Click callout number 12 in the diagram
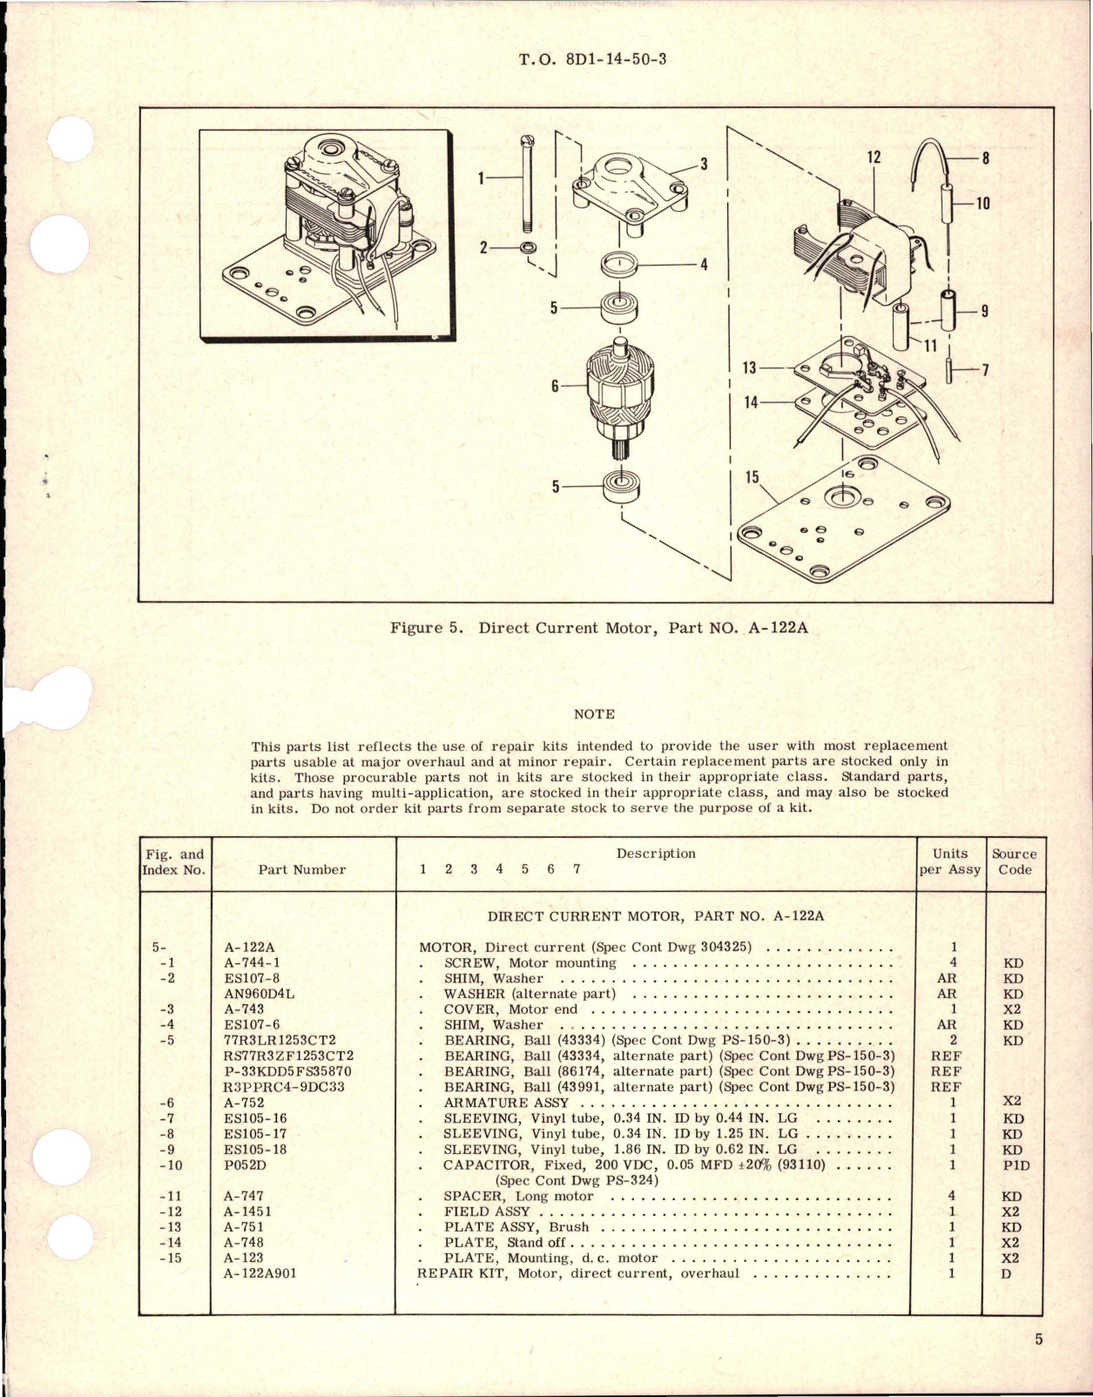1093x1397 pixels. [x=874, y=158]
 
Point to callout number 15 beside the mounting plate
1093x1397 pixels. [x=751, y=478]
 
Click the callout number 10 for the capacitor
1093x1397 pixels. [x=982, y=204]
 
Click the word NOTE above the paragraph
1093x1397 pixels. [x=594, y=714]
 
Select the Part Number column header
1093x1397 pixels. [x=302, y=869]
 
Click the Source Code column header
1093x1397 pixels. [x=1014, y=861]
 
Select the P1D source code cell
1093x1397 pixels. [x=1013, y=1164]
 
